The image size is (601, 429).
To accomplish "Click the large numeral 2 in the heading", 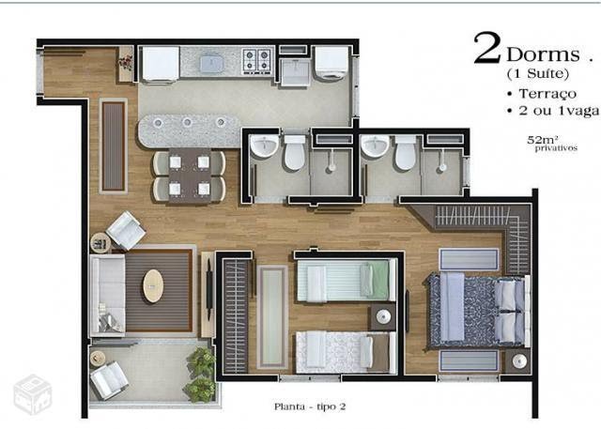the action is tap(487, 48).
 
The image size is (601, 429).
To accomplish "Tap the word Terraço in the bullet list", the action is tap(547, 94).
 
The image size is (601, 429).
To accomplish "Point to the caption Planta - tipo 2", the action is tap(310, 406).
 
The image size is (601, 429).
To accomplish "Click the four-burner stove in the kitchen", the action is tap(257, 60).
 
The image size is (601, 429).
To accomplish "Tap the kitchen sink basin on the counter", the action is tap(210, 63).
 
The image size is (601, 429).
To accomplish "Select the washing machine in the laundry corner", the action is tap(331, 63).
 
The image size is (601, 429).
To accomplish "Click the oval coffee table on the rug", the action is tap(153, 285).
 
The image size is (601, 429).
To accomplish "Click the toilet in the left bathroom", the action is tap(295, 152).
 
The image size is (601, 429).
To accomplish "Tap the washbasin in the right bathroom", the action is tap(376, 146).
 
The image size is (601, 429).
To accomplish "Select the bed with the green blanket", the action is tap(347, 280).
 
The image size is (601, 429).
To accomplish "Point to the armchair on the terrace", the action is tap(109, 380).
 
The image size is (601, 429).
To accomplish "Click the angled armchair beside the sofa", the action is tap(126, 231).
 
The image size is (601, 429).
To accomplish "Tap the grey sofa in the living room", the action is tap(107, 295).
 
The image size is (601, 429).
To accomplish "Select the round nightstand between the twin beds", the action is tap(383, 316).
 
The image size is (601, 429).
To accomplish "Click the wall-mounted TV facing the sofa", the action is tap(208, 289).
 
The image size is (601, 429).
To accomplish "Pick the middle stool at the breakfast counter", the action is tap(187, 123).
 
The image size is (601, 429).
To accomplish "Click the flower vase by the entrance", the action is tap(125, 63).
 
